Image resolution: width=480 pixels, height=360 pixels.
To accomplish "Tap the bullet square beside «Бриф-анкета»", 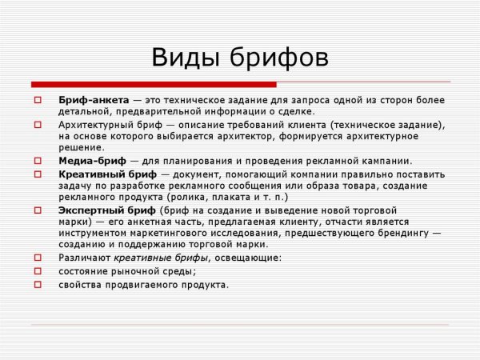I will click(x=38, y=100).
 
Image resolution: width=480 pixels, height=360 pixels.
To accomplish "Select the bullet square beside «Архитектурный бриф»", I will click(x=38, y=125).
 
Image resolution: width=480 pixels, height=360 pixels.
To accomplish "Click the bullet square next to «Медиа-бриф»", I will click(x=38, y=161).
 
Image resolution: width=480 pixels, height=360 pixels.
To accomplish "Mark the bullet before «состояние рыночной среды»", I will click(x=38, y=270).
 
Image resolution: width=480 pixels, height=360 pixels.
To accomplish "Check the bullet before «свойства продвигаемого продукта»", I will click(x=38, y=283).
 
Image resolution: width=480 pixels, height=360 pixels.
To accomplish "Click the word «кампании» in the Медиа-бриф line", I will click(x=385, y=160).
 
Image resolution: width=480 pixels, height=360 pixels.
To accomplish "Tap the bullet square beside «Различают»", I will click(x=38, y=257).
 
